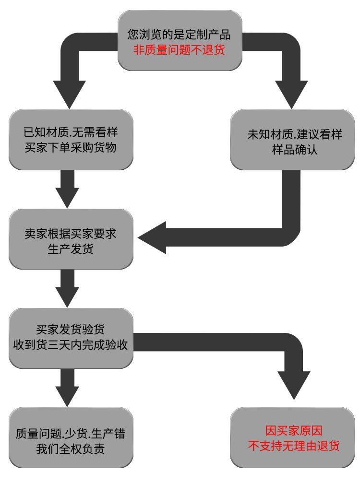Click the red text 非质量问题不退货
(x=179, y=49)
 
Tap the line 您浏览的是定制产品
(x=179, y=35)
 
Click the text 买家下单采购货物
(x=71, y=148)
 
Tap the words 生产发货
(x=71, y=249)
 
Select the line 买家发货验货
(x=71, y=330)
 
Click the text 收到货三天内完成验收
(x=71, y=344)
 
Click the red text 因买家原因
(x=293, y=430)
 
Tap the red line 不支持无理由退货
(x=293, y=446)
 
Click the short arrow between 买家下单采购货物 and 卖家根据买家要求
(x=67, y=189)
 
